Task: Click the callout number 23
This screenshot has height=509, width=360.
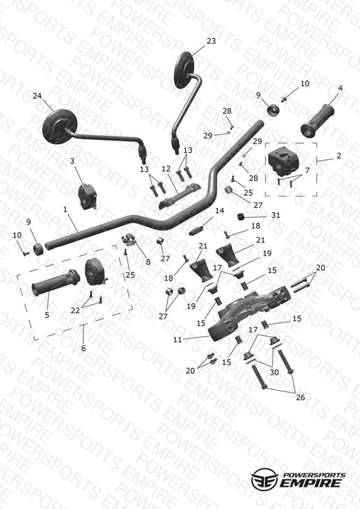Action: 211,41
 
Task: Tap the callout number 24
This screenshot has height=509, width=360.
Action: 37,96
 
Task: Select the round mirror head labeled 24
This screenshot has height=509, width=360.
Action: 59,126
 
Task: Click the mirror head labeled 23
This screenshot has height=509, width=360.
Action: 185,70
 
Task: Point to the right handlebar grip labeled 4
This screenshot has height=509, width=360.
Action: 317,120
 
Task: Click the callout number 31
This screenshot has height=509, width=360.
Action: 275,215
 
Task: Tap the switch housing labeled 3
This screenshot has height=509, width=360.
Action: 86,196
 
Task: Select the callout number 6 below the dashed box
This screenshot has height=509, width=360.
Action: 83,348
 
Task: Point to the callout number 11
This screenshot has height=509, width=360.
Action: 178,340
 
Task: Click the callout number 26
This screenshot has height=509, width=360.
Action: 301,397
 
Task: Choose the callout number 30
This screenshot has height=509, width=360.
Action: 274,372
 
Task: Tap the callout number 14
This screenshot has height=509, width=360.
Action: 219,211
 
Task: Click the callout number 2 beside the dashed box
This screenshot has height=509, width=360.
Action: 339,156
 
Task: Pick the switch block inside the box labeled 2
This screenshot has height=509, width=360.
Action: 283,161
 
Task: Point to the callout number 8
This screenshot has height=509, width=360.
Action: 148,262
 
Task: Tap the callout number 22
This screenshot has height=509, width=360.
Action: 75,311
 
